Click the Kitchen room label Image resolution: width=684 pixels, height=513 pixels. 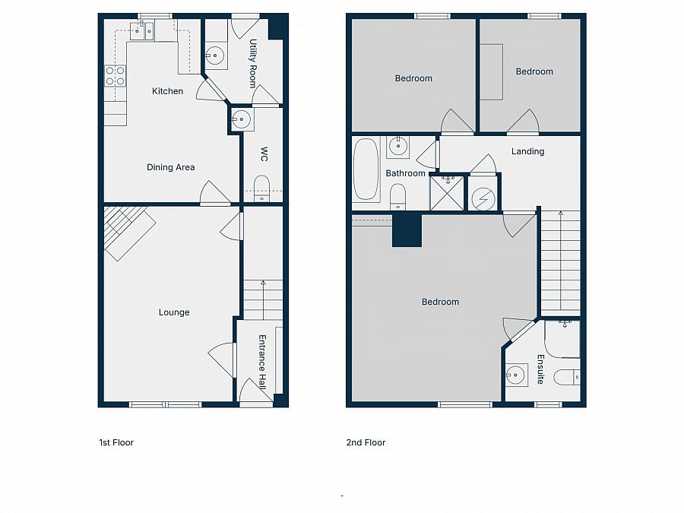[x=167, y=91]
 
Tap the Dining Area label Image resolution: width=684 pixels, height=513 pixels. [x=170, y=167]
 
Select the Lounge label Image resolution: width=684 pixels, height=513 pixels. [x=174, y=312]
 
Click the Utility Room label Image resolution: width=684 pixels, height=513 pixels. [x=253, y=63]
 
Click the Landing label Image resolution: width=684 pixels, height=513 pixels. [x=527, y=151]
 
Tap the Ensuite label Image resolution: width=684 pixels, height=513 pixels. [x=540, y=369]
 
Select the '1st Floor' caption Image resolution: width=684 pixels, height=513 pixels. [x=116, y=442]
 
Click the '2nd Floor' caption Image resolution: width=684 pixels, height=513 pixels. [x=366, y=442]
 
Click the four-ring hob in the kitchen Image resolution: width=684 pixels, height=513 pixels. [x=116, y=75]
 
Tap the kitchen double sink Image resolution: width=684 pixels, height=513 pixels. [x=141, y=30]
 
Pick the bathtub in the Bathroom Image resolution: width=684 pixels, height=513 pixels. [x=366, y=169]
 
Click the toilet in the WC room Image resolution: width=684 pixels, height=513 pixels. [x=261, y=187]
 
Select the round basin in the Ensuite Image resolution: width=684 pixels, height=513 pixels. [x=517, y=374]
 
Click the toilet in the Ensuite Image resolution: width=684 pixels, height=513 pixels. [x=567, y=376]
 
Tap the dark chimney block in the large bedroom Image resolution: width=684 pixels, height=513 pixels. [x=407, y=230]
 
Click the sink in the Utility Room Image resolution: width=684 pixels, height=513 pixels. [x=215, y=55]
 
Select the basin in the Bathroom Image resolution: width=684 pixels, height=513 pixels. [x=397, y=145]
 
